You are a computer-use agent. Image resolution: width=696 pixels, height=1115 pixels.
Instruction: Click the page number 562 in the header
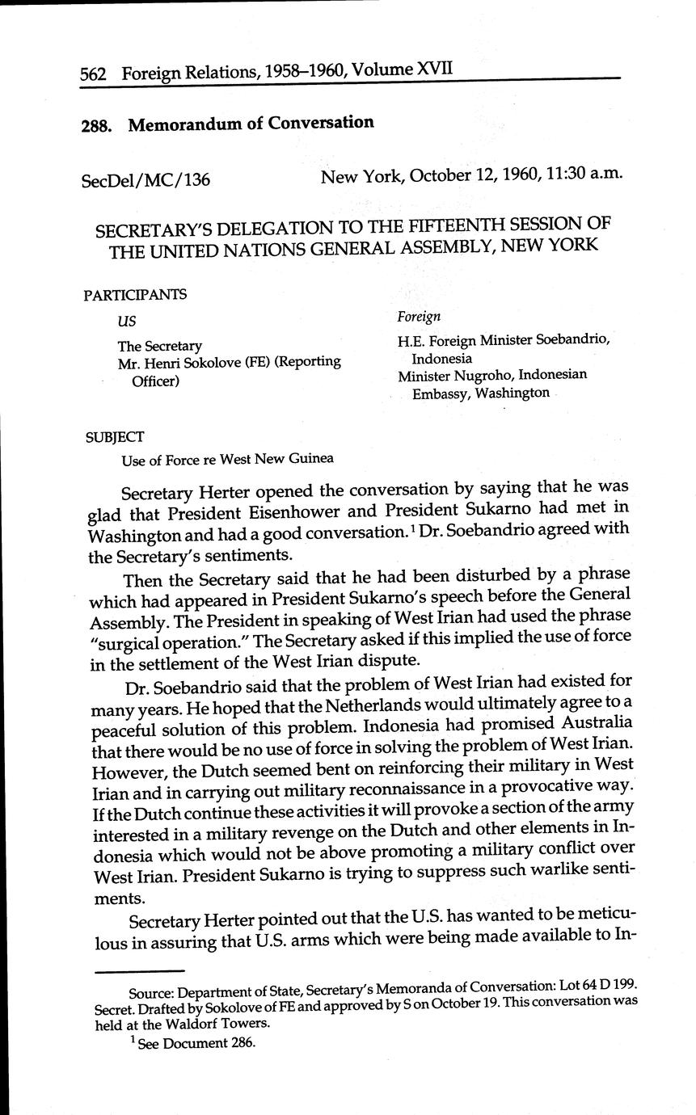(96, 75)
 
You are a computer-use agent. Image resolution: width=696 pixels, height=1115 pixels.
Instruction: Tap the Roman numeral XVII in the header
(432, 69)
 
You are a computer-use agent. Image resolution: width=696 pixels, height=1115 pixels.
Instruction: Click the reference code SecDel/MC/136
(146, 180)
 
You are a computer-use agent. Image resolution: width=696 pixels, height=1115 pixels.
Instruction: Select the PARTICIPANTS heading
(134, 294)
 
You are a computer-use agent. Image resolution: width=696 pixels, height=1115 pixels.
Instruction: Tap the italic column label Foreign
(418, 317)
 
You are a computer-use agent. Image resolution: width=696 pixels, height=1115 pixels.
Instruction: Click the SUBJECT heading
(114, 437)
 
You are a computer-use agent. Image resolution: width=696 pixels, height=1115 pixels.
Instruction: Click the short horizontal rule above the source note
(138, 970)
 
